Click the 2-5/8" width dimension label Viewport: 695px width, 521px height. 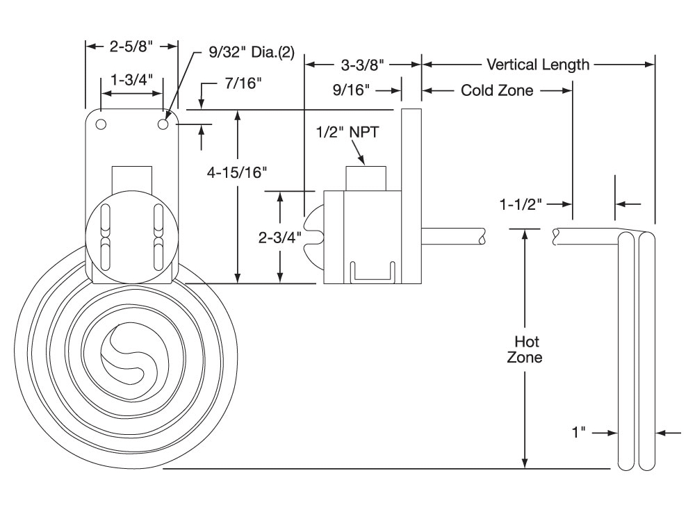coord(132,47)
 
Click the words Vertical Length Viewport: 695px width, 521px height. coord(538,65)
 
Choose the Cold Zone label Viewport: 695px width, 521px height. coord(497,90)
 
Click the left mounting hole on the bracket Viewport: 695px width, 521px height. coord(101,124)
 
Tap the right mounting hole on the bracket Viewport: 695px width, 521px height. coord(164,124)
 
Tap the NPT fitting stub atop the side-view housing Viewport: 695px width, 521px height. coord(367,177)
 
